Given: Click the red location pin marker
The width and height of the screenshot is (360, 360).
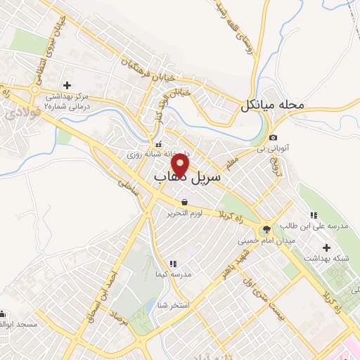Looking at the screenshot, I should click(x=181, y=165).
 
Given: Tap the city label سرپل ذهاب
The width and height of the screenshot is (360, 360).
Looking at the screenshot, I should click(x=187, y=180).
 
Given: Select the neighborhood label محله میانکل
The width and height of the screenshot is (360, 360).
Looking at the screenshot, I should click(x=273, y=105).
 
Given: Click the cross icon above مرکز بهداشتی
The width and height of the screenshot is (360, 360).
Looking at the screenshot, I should click(x=67, y=85).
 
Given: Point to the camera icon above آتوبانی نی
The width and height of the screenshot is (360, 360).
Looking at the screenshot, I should click(x=273, y=138).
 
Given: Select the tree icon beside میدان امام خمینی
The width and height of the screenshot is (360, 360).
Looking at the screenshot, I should click(x=266, y=230).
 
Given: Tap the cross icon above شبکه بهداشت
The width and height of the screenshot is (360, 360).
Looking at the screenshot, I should click(x=326, y=247).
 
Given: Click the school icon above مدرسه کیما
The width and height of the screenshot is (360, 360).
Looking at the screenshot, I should click(x=173, y=264).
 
